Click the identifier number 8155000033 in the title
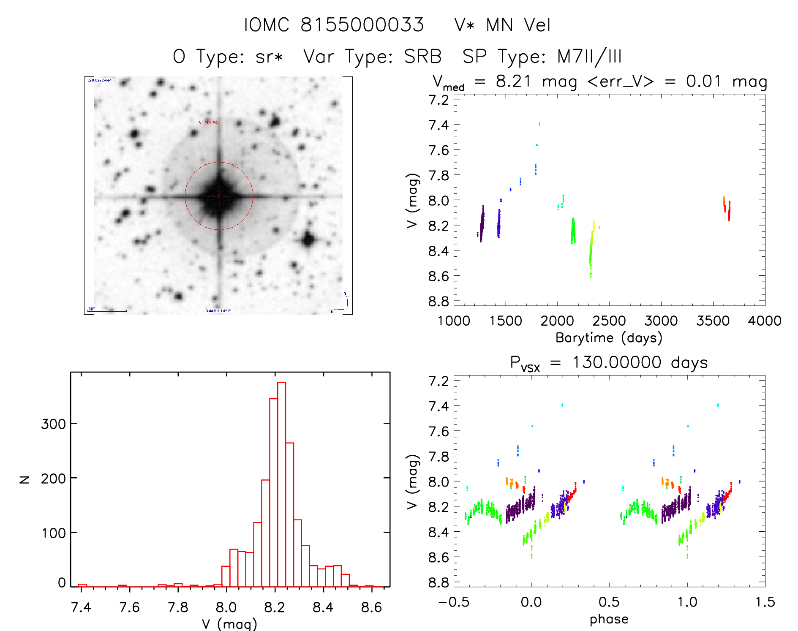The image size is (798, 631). (x=362, y=25)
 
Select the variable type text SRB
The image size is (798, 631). (x=422, y=57)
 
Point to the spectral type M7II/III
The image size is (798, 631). (x=589, y=57)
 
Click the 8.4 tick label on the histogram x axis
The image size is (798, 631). (x=323, y=607)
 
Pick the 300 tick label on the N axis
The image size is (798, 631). (x=53, y=424)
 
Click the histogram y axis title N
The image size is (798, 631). (x=25, y=479)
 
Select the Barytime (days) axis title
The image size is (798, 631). (x=609, y=338)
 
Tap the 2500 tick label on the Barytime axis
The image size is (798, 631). (x=609, y=321)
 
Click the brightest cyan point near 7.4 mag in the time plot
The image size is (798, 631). (x=539, y=124)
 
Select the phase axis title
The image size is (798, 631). (x=609, y=619)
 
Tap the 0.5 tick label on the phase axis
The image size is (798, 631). (x=609, y=602)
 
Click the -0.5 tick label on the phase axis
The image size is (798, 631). (x=454, y=602)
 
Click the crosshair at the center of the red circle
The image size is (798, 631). (x=219, y=196)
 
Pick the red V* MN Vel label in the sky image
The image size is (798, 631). (x=209, y=122)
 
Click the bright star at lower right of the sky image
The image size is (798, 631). (x=308, y=240)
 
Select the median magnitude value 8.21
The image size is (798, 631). (x=513, y=81)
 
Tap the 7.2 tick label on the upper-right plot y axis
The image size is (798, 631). (x=439, y=100)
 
